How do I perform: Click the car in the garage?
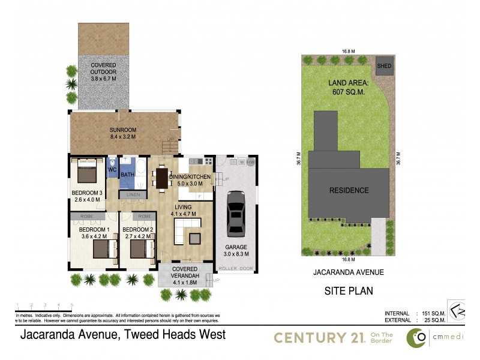tap(235, 214)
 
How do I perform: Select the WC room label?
tap(112, 170)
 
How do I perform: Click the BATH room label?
tap(127, 175)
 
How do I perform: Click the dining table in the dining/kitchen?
tap(161, 178)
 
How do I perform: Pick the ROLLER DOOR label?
tap(231, 268)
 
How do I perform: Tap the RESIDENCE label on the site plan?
tap(349, 190)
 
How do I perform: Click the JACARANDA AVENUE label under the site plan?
tap(349, 272)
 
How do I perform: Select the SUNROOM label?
tap(122, 133)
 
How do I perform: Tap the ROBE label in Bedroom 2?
tap(144, 216)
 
